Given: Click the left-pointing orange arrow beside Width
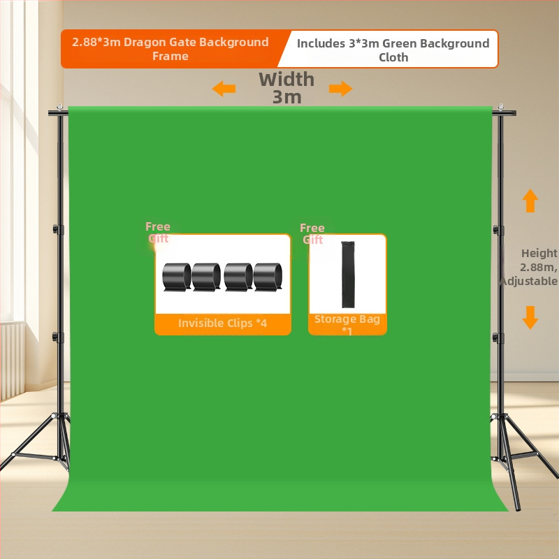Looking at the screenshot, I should [x=224, y=89].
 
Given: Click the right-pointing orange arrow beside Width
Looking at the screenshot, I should [x=341, y=89].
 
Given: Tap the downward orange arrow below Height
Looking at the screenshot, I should [x=530, y=317].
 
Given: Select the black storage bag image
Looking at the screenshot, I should [x=347, y=274].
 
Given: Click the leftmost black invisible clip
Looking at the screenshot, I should [x=177, y=277].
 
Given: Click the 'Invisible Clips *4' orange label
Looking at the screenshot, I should [x=223, y=324].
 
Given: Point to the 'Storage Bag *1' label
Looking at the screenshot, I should [x=347, y=324].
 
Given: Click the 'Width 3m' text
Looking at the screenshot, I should [x=286, y=88].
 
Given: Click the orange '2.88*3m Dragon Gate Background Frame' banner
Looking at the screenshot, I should [x=170, y=49].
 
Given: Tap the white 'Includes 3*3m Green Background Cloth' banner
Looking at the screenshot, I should [x=393, y=50].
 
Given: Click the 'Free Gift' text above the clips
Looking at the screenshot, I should [x=158, y=232].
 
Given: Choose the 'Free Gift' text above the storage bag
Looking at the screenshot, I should [x=312, y=233].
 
